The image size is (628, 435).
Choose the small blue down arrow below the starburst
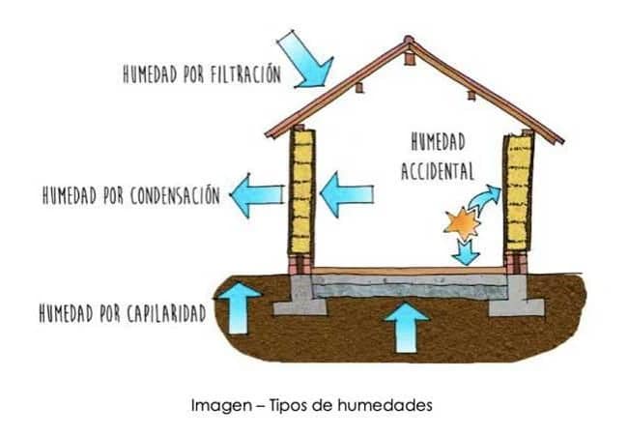tap(467, 252)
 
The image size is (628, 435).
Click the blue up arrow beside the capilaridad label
tap(238, 305)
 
